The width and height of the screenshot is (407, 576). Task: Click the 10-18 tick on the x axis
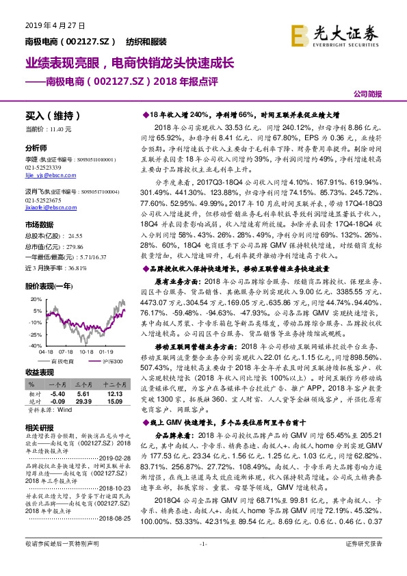point(87,353)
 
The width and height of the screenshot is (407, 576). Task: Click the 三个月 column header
point(83,384)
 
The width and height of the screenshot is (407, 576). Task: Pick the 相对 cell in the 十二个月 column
point(114,395)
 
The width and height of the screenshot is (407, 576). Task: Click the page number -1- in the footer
point(202,562)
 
